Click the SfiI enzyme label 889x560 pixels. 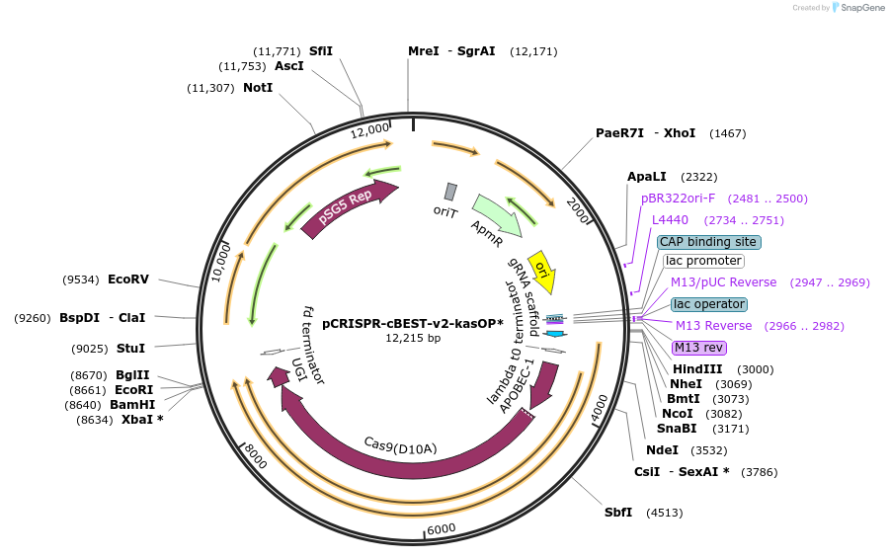coord(321,50)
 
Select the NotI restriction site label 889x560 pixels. coord(258,87)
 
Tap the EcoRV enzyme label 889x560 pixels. coord(128,279)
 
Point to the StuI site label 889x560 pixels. coord(130,348)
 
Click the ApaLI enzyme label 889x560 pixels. coord(647,176)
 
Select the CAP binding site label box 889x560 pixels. coord(708,241)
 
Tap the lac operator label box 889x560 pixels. coord(708,304)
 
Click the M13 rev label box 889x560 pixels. coord(699,348)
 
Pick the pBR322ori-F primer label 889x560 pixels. coord(678,198)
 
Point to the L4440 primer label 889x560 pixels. coord(670,219)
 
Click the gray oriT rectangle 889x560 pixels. coord(450,192)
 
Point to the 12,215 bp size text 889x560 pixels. coord(413,338)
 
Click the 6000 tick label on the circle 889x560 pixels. coord(442,528)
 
